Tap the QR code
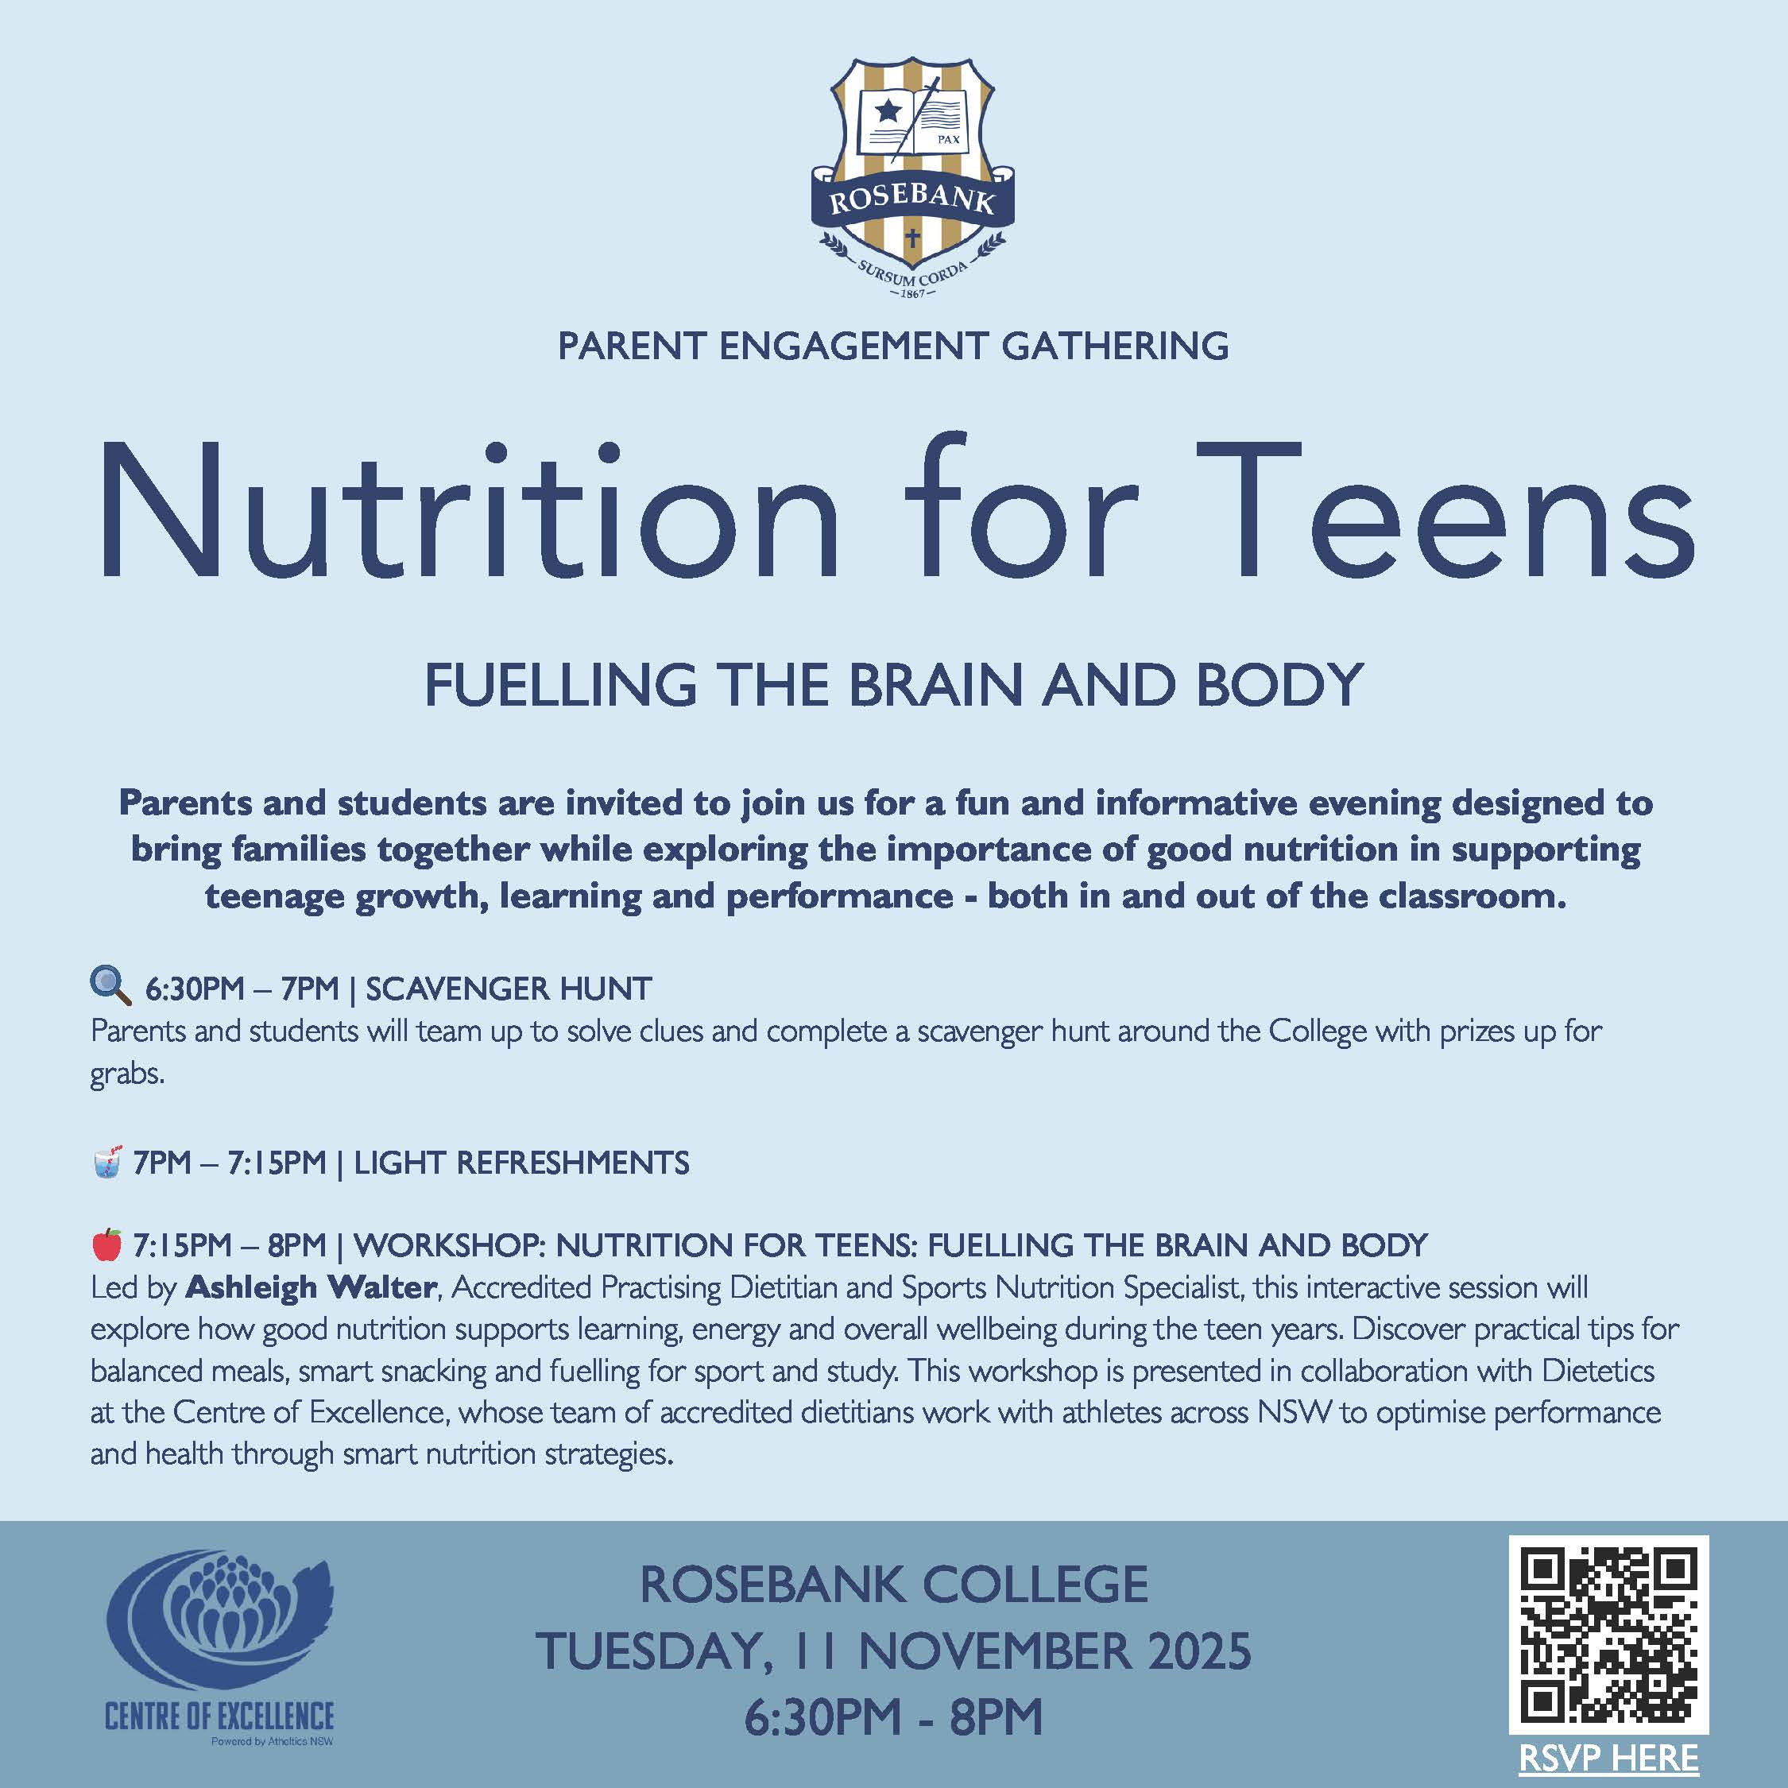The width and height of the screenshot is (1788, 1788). (1608, 1635)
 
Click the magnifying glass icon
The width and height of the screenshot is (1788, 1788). (110, 985)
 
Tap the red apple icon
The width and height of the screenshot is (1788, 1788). (107, 1244)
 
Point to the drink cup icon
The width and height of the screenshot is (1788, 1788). (107, 1162)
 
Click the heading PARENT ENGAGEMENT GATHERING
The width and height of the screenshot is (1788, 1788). (893, 346)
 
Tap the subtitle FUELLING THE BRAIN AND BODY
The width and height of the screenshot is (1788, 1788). (893, 685)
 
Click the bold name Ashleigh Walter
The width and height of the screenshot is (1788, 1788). (311, 1287)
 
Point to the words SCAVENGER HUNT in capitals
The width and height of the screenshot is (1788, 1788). (509, 989)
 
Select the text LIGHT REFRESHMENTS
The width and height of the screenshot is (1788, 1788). (522, 1163)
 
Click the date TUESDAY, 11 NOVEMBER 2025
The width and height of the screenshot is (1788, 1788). (893, 1652)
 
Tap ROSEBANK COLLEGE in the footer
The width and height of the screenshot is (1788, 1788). (893, 1585)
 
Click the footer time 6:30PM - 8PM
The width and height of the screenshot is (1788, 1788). (893, 1717)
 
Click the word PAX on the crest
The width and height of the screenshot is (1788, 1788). (949, 140)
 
